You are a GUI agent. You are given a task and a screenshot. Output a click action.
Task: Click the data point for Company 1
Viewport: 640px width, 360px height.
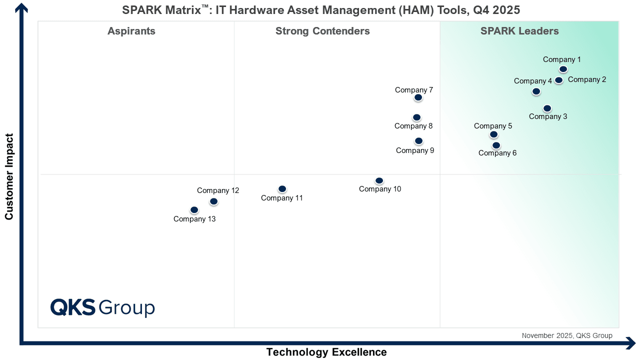(x=563, y=69)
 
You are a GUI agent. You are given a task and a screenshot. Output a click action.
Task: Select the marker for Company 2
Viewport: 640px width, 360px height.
(x=558, y=80)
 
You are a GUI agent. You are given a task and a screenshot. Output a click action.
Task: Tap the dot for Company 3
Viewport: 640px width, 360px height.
(x=547, y=108)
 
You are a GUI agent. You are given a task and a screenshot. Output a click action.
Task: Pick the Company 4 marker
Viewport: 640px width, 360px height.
(x=536, y=91)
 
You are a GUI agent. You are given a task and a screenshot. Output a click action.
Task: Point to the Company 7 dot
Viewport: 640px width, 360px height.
(x=418, y=97)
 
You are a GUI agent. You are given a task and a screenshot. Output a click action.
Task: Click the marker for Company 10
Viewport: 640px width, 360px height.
(x=379, y=180)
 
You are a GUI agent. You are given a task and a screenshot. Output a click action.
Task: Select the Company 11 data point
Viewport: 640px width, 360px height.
(x=282, y=189)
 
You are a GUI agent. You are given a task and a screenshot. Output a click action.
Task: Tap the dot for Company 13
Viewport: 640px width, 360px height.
(x=194, y=210)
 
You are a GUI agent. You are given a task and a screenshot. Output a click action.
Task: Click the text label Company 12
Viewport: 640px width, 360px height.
(x=218, y=190)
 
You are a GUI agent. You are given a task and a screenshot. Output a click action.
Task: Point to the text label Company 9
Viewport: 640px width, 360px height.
(x=415, y=150)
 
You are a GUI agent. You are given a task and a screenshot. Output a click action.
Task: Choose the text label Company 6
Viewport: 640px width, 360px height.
(x=497, y=153)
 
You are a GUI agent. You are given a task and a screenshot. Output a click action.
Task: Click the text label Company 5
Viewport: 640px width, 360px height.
(x=493, y=126)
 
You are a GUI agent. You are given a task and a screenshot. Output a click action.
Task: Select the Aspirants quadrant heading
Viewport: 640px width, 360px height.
(x=131, y=31)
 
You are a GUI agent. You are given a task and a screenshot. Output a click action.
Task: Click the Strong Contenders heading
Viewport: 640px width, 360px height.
(x=322, y=31)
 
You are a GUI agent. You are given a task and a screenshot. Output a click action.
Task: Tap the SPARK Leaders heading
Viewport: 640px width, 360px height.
(x=519, y=31)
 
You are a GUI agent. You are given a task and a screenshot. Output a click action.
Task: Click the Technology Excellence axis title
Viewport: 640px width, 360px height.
(x=326, y=352)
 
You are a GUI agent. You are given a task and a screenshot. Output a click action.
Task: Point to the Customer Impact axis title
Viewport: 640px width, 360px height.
(x=9, y=176)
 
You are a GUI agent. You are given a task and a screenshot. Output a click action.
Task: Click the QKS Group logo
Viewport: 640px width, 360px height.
(x=102, y=307)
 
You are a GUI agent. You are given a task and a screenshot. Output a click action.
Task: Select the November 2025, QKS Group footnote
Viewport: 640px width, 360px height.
(x=567, y=336)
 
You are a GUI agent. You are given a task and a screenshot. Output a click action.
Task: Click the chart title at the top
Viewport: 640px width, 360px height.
(x=321, y=9)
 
